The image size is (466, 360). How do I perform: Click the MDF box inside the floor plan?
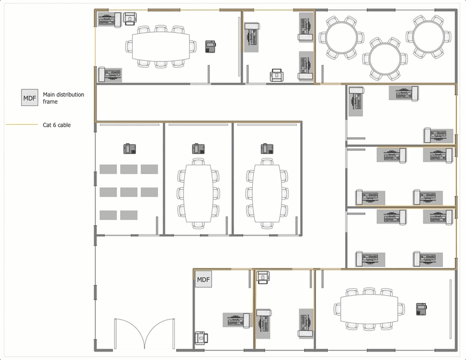coord(204,279)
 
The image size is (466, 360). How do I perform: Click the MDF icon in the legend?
coord(30,98)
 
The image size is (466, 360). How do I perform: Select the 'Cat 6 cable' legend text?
coord(57,125)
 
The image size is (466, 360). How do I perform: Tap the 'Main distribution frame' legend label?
coord(63,98)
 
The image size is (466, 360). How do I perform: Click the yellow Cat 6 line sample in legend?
coord(22,125)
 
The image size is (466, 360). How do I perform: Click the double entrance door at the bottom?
coord(145,333)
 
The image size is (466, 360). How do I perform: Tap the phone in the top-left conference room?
coord(210,47)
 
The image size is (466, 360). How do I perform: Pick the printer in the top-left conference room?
coord(130,19)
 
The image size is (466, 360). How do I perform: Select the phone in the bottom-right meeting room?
coord(421,309)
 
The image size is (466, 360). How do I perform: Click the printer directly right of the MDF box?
coord(263,278)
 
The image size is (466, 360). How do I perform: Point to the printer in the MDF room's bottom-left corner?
coord(201,338)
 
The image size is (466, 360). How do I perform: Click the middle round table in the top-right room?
coord(385,59)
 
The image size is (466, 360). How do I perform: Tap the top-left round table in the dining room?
coord(341,37)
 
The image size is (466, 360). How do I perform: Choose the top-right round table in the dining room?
coord(428,37)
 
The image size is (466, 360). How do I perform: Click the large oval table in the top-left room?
coord(161,46)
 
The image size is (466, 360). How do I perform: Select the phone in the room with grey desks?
coord(130,148)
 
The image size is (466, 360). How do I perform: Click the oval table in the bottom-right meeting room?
coord(369,309)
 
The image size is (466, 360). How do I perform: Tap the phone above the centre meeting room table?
coord(198,148)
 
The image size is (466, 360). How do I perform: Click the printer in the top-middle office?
coord(276,75)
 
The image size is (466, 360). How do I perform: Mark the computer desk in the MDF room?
coord(236,320)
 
